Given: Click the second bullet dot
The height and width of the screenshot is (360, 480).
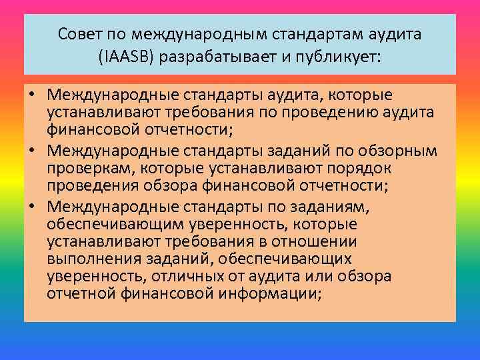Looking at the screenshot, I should click(x=32, y=151).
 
